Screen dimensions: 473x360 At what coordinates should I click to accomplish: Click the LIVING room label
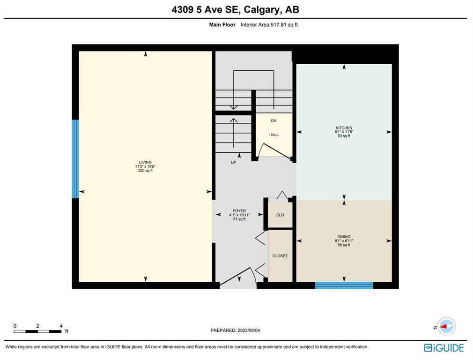(145, 162)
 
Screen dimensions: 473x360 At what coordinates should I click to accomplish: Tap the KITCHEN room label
(344, 128)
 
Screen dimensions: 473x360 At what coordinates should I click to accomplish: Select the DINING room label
(344, 236)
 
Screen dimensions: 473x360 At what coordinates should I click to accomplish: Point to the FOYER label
(239, 211)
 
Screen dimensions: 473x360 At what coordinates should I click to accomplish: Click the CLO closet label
(280, 215)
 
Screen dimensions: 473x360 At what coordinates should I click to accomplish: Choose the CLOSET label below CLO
(280, 256)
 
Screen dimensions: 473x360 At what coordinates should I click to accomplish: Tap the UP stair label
(234, 162)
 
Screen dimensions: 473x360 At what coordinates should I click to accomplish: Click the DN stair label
(273, 120)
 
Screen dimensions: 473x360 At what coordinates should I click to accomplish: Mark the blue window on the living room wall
(75, 159)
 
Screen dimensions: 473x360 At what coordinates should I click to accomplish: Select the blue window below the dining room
(344, 285)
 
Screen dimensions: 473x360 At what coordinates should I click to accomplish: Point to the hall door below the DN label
(274, 151)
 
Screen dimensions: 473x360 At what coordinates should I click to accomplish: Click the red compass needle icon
(443, 326)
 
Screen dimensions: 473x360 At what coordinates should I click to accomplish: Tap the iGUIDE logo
(444, 348)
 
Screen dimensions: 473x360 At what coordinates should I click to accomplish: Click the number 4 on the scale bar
(61, 326)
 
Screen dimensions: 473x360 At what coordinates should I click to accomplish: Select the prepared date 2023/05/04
(249, 330)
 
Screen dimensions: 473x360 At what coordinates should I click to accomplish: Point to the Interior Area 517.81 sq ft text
(269, 25)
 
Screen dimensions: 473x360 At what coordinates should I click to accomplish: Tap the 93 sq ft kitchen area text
(344, 136)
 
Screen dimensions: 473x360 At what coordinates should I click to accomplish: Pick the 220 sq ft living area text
(145, 171)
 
